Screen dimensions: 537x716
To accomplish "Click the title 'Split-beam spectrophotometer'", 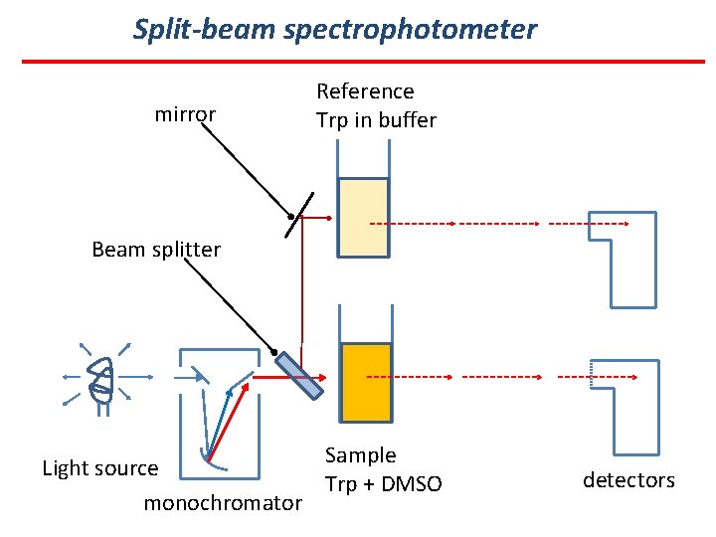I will pyautogui.click(x=335, y=29).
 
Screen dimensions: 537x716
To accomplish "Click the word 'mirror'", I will pyautogui.click(x=185, y=114).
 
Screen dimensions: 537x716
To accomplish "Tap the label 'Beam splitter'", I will pyautogui.click(x=156, y=249).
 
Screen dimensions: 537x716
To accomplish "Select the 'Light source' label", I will pyautogui.click(x=99, y=467).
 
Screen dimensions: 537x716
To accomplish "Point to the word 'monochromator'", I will pyautogui.click(x=223, y=503).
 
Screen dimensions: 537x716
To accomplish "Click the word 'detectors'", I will pyautogui.click(x=628, y=480).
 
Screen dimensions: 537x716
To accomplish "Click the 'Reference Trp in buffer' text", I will pyautogui.click(x=376, y=105).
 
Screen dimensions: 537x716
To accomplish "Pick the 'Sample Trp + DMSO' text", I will pyautogui.click(x=383, y=469).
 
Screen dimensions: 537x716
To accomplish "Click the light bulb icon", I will pyautogui.click(x=101, y=378).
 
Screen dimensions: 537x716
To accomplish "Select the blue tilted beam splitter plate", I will pyautogui.click(x=299, y=375).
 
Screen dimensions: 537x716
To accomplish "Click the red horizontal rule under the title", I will pyautogui.click(x=363, y=62).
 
